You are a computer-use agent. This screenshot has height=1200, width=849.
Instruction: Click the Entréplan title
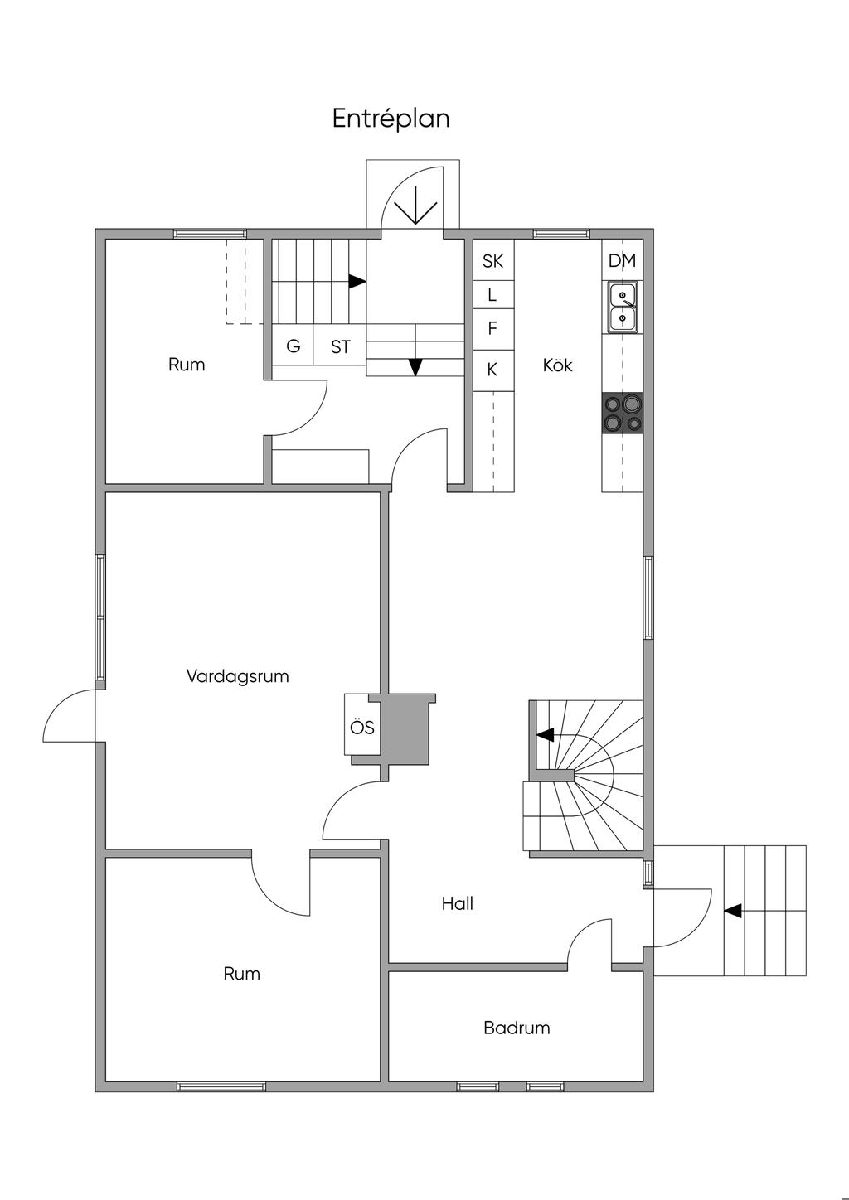(x=391, y=119)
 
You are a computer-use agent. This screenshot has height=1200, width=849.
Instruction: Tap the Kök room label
(x=557, y=365)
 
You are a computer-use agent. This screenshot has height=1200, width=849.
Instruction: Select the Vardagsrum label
(x=237, y=675)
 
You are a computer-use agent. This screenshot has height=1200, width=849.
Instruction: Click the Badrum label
(x=517, y=1028)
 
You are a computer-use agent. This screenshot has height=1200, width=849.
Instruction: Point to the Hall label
(x=457, y=903)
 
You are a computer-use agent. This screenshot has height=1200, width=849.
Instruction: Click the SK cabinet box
(x=492, y=261)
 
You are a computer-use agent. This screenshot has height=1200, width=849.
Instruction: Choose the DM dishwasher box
(x=622, y=261)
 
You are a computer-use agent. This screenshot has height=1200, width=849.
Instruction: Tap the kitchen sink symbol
(x=623, y=307)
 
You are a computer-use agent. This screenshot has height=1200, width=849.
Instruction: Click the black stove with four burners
(x=623, y=413)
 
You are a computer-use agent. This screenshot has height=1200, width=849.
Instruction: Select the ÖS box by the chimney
(x=361, y=727)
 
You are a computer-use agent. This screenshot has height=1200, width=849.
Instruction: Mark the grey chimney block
(x=406, y=728)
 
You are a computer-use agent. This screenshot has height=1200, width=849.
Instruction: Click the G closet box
(x=293, y=346)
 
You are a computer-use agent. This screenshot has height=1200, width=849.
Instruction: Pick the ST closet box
(x=340, y=346)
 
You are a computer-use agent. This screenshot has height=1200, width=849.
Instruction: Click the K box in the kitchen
(x=492, y=370)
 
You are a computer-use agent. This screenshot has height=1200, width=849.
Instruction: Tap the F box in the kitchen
(x=492, y=328)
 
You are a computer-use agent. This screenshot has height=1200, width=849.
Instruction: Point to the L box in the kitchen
(x=492, y=294)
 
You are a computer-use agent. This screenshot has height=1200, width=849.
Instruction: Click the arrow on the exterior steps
(x=732, y=910)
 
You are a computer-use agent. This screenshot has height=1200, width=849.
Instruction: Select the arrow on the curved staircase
(x=545, y=734)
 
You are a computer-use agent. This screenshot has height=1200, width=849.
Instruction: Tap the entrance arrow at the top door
(x=415, y=207)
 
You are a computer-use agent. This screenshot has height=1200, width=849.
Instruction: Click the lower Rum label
(x=241, y=973)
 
